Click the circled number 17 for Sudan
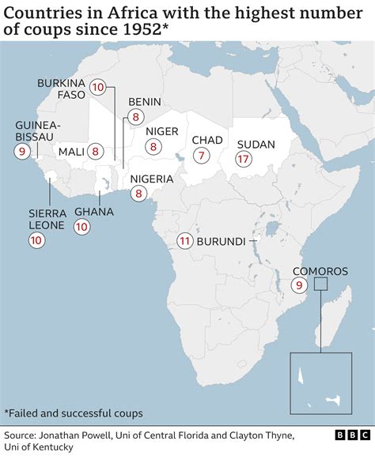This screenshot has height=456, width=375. [244, 159]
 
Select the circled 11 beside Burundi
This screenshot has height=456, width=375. [184, 241]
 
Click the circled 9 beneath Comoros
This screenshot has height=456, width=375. [299, 285]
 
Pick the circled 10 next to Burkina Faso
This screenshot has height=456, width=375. [98, 88]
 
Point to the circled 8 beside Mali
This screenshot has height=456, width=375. [96, 151]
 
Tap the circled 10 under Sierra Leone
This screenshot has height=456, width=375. [36, 243]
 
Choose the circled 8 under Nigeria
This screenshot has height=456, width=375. [138, 192]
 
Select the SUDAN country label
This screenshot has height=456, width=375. [256, 145]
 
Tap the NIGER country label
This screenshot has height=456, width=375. [161, 131]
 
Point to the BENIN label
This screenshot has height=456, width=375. [144, 102]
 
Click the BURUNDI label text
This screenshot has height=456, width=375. [222, 241]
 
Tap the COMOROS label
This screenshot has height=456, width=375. [322, 269]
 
